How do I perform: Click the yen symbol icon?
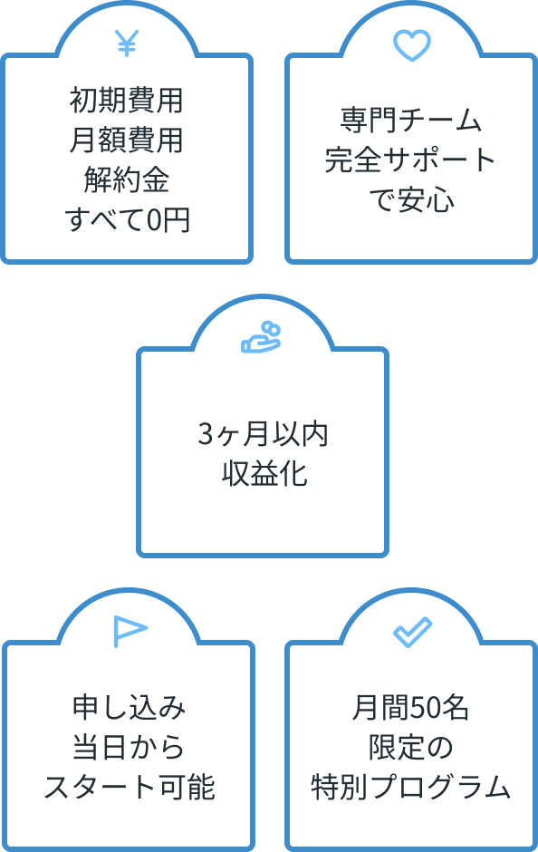click(x=127, y=44)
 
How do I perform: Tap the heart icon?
click(x=411, y=45)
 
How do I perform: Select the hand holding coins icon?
click(x=261, y=337)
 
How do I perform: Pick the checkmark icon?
click(x=412, y=633)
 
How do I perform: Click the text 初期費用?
click(x=127, y=100)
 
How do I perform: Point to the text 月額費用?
click(x=127, y=140)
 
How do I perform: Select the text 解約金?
click(x=127, y=179)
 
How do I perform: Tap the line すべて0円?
click(x=127, y=219)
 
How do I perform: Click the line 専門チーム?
click(x=411, y=120)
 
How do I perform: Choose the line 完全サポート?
click(x=410, y=160)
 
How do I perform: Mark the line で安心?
click(x=411, y=199)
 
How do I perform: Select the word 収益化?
click(x=264, y=473)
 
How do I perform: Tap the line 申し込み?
click(x=130, y=707)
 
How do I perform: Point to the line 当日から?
click(x=129, y=747)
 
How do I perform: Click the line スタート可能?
click(x=130, y=787)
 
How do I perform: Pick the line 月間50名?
click(x=410, y=707)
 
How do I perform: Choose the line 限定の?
click(x=410, y=747)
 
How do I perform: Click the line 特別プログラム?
click(x=410, y=787)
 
